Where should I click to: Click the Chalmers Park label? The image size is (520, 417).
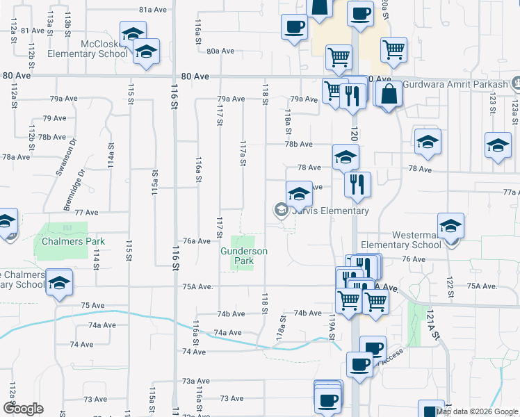[72, 241]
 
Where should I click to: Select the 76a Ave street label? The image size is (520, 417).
[197, 241]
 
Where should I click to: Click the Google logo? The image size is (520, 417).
[23, 409]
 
